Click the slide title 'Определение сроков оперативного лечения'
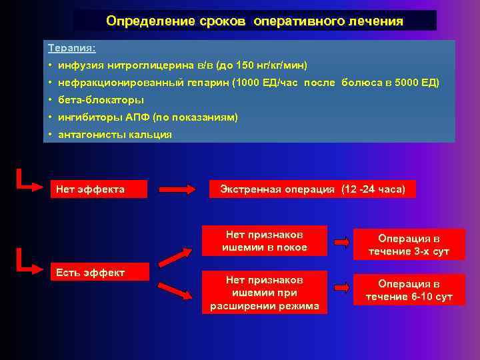[x=255, y=21]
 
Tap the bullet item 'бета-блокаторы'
[x=101, y=100]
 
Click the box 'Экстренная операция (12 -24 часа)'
[x=312, y=189]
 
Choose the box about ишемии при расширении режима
[x=265, y=293]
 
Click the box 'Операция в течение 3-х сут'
[x=409, y=245]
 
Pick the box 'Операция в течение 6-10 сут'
[x=409, y=290]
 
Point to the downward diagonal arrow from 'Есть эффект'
[x=179, y=291]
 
